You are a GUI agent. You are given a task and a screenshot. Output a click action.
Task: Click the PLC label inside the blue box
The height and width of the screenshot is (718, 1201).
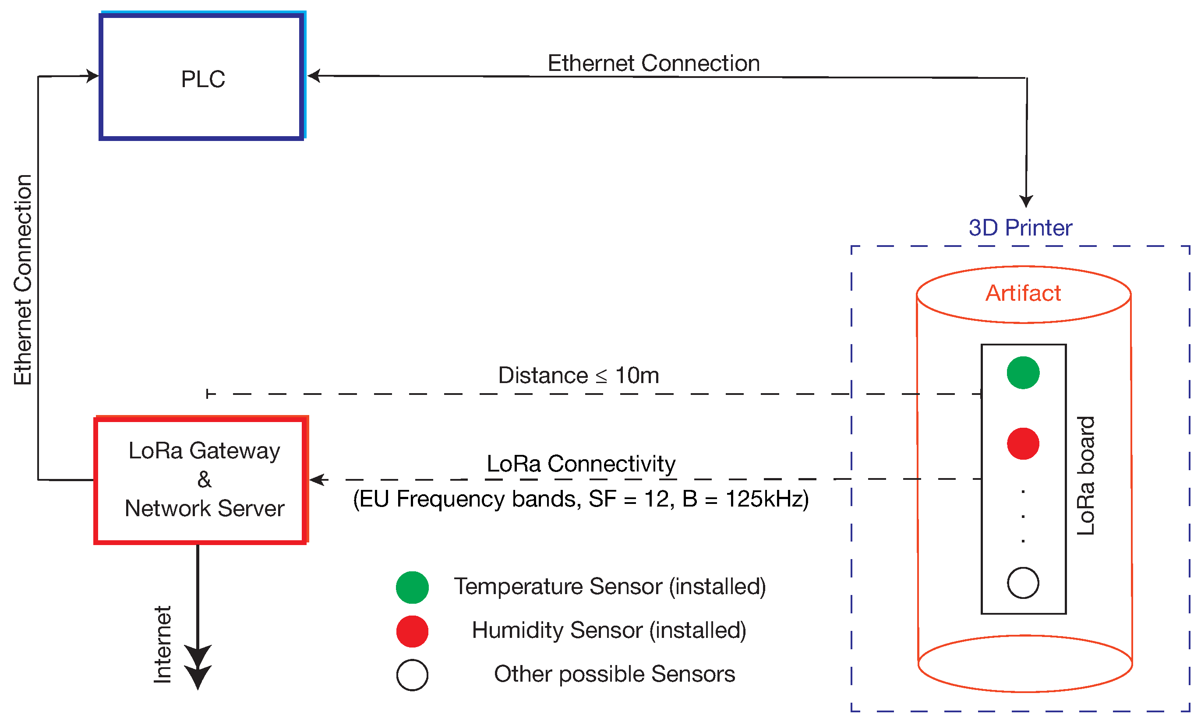click(203, 79)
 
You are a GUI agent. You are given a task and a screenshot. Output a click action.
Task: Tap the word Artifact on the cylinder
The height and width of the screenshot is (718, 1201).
click(1023, 293)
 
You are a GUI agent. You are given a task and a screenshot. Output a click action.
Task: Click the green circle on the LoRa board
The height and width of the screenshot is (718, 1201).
click(1023, 373)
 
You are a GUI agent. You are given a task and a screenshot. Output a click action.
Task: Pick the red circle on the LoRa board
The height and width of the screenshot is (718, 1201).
click(1023, 443)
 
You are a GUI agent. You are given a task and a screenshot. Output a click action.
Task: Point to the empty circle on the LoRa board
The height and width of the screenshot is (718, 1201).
click(1023, 583)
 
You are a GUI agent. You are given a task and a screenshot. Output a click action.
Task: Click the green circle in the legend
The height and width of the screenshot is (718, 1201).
click(412, 588)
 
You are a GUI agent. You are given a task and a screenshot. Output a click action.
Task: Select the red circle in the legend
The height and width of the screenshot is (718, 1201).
click(412, 631)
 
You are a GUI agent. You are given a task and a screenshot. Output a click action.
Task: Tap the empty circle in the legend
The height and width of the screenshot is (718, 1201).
click(412, 675)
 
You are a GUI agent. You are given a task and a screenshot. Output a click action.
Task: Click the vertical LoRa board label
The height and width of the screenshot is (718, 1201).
click(1085, 475)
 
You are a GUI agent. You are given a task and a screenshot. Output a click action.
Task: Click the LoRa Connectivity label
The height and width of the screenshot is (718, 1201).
click(581, 464)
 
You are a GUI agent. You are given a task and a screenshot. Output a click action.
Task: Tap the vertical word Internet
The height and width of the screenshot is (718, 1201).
click(162, 644)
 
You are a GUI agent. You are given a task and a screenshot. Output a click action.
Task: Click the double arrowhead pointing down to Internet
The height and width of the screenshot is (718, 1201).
click(198, 668)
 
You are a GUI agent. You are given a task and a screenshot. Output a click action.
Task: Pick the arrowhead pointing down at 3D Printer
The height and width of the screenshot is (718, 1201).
click(1026, 201)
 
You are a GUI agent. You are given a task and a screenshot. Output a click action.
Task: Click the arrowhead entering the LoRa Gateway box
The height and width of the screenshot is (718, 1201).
click(318, 480)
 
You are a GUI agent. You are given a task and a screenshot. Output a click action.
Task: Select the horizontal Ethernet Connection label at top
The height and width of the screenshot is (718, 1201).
click(653, 63)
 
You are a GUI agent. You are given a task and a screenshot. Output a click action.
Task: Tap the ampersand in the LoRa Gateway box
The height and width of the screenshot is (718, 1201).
click(204, 480)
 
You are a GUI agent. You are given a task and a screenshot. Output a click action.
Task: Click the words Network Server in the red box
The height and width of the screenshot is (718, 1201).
click(204, 508)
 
